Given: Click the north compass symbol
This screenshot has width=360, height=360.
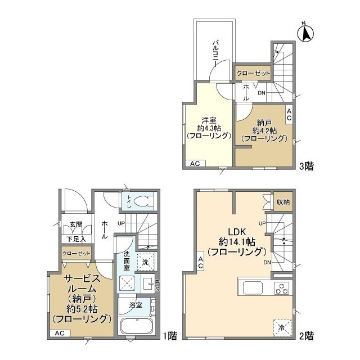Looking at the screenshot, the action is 305,33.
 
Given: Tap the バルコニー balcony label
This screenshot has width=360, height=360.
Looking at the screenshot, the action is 215,53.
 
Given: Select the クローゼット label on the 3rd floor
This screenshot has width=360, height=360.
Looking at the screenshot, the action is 253,74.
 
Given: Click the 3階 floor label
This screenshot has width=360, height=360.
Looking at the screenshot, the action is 306,166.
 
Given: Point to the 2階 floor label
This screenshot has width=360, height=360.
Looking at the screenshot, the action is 306,336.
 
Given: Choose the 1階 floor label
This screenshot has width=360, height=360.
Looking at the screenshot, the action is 170,336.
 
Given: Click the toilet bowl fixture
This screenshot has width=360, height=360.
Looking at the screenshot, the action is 144,201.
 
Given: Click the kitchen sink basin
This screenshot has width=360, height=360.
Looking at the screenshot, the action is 253,287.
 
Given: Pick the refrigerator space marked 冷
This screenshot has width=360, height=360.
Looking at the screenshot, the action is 282,327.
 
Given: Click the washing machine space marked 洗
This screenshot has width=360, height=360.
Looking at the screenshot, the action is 146,262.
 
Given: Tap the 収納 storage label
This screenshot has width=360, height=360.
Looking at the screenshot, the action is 283,202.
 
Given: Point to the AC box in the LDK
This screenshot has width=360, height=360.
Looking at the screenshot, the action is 200,263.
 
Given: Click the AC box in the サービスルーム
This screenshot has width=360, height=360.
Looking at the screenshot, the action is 60,334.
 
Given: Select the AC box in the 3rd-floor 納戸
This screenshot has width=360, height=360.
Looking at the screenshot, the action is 289,115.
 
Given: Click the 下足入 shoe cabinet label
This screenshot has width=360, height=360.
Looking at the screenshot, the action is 76,239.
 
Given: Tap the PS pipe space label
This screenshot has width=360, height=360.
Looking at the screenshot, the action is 157,286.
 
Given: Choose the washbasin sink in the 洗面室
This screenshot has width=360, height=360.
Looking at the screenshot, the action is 148,284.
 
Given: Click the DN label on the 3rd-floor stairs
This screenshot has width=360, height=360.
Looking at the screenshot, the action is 262,93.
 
